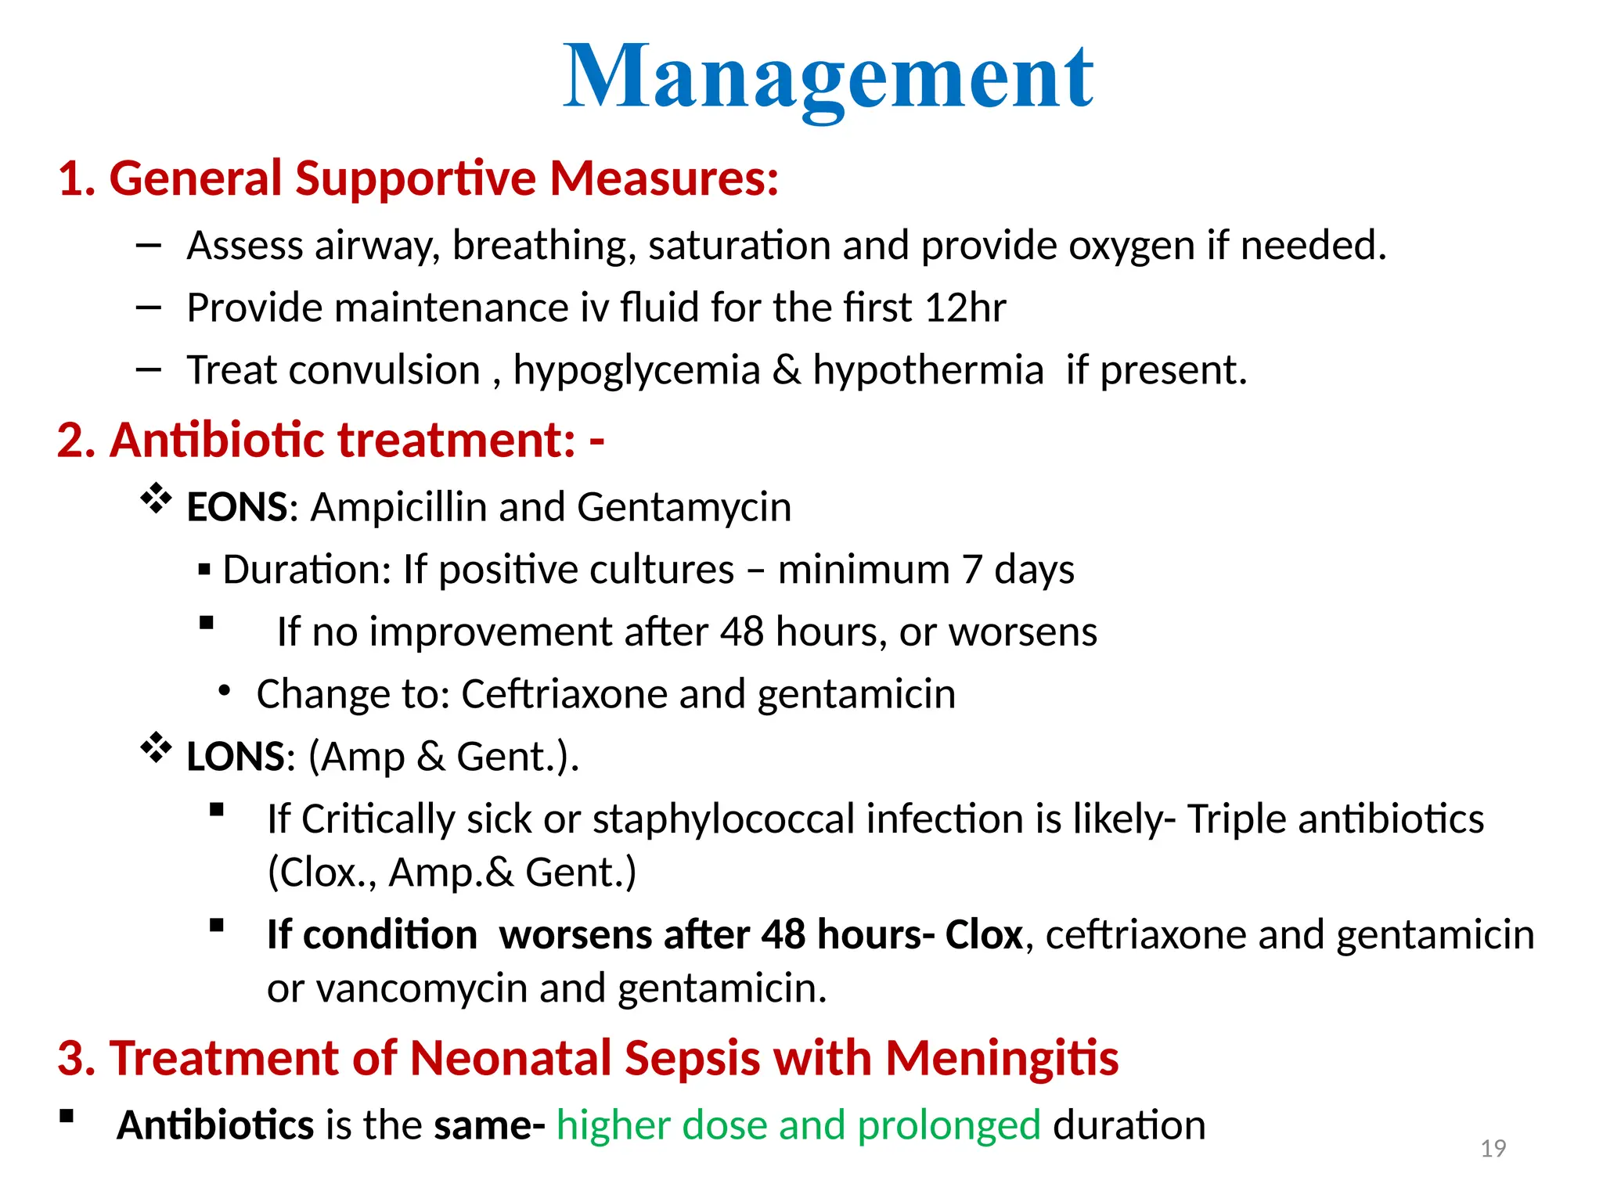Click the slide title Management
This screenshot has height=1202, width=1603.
[828, 78]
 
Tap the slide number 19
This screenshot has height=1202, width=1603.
[1493, 1148]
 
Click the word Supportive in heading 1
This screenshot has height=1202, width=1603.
[415, 178]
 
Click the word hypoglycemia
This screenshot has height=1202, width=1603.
[636, 370]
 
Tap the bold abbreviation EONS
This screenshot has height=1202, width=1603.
[237, 507]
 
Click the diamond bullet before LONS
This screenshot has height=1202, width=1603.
[156, 747]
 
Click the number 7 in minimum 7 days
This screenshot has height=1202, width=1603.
[971, 570]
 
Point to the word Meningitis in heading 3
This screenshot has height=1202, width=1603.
[1002, 1059]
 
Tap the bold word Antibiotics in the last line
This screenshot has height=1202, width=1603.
[215, 1125]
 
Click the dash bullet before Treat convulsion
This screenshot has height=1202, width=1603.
[148, 369]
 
